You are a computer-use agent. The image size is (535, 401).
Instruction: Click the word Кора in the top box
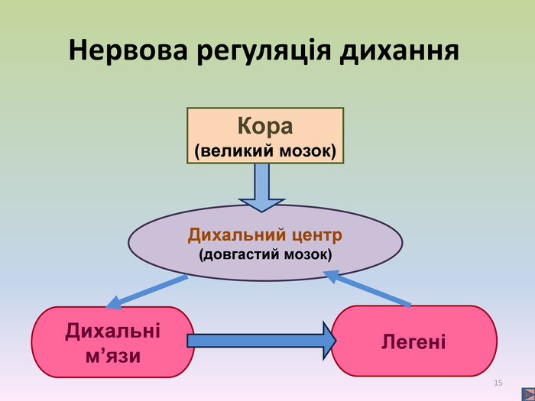coord(265,125)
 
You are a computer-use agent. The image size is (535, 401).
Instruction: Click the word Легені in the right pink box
coord(413,341)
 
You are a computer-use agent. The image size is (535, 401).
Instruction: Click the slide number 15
coord(499,382)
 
